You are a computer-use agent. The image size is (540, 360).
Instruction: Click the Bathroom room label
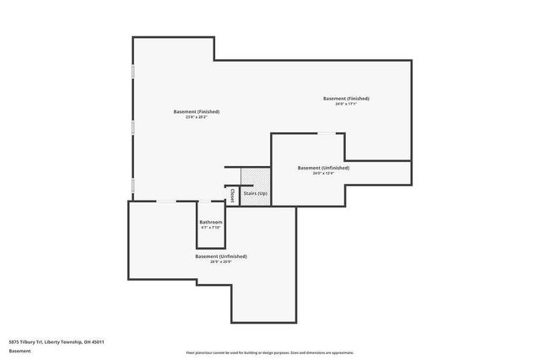211,222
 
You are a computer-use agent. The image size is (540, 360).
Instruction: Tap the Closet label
232,195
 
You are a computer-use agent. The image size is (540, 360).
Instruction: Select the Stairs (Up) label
256,194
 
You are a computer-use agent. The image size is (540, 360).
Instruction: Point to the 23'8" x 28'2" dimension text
197,117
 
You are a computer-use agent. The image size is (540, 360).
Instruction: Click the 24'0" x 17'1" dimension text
346,105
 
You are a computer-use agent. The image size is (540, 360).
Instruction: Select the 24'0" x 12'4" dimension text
323,174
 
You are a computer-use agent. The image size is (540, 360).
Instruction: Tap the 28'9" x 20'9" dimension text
221,261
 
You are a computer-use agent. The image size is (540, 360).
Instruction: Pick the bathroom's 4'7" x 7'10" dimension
211,228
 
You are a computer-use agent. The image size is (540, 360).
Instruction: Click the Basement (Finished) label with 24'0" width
346,99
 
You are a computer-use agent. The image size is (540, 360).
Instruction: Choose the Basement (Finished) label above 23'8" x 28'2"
197,111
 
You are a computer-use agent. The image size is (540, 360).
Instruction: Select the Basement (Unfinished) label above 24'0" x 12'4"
323,168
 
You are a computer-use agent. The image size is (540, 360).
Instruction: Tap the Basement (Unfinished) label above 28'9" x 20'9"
221,255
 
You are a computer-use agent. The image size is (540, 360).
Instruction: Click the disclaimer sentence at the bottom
270,352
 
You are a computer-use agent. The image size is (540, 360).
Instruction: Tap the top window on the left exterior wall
132,73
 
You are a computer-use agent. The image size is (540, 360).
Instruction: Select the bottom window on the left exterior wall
132,184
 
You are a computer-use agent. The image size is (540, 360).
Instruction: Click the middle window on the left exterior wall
132,128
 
